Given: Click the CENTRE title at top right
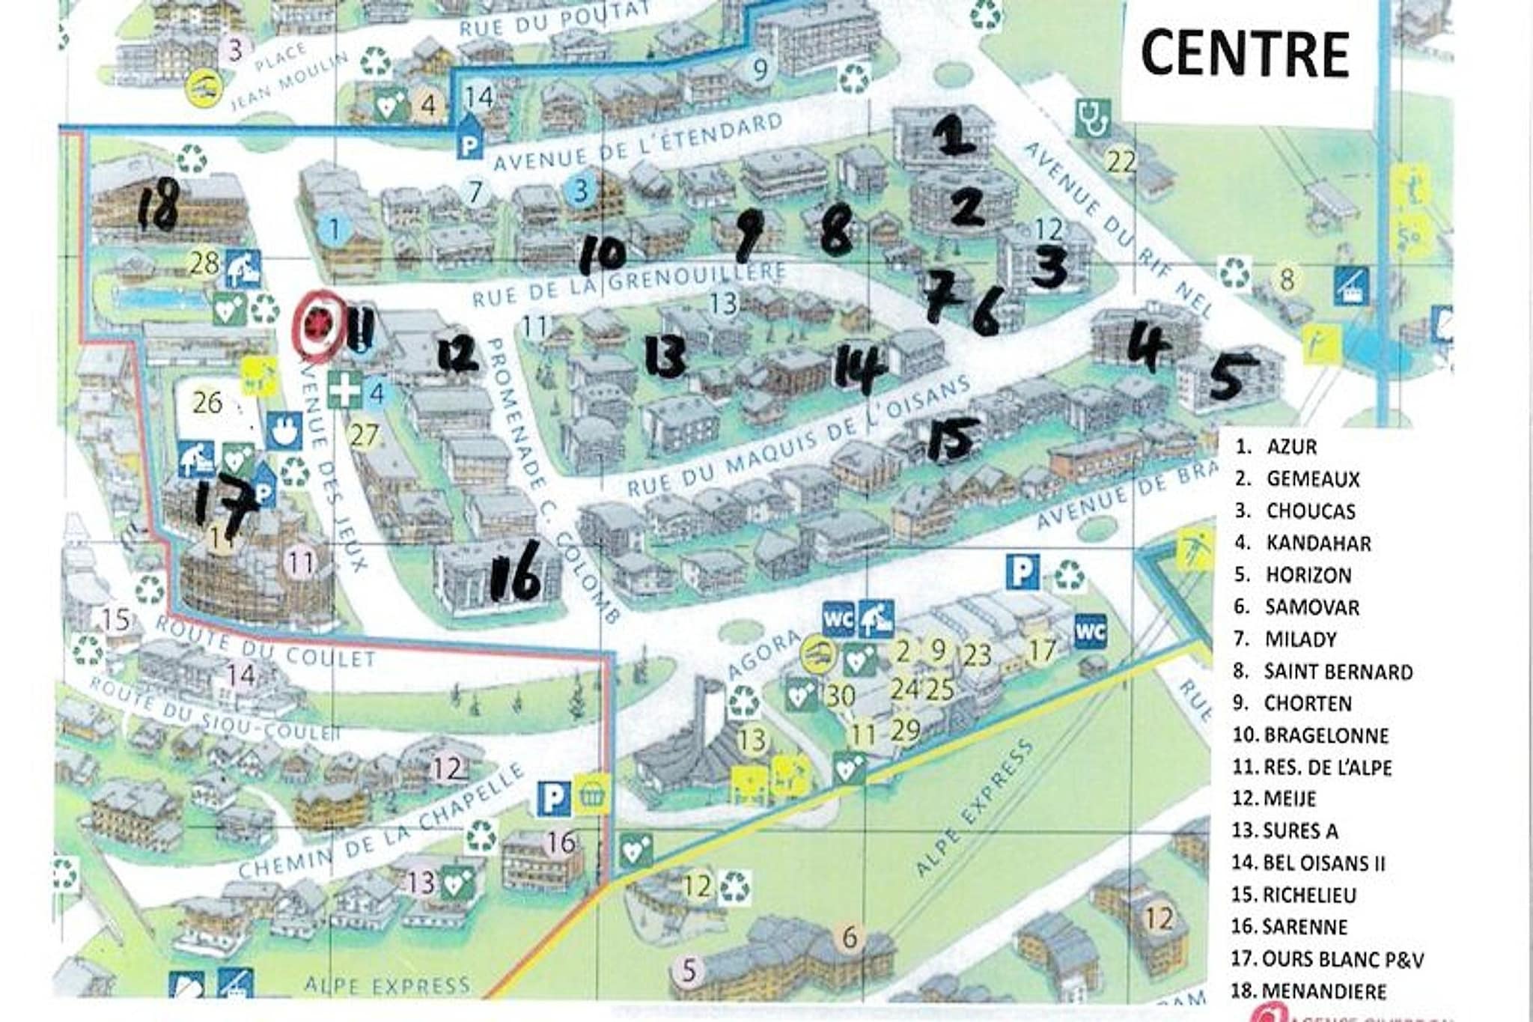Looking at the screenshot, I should [x=1245, y=54].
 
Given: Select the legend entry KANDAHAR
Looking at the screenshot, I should [x=1318, y=543].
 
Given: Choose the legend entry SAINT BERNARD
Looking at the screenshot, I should [x=1338, y=672].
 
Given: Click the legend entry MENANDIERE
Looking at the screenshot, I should [x=1324, y=991].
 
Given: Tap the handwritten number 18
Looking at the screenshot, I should [x=159, y=205].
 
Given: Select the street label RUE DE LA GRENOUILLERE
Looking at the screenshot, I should [x=629, y=285].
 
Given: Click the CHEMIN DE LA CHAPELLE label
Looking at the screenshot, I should [x=382, y=824].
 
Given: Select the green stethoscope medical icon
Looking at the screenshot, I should [x=1092, y=119].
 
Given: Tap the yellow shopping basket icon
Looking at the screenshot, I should [x=593, y=798].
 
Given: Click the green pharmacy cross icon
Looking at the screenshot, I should [x=344, y=392].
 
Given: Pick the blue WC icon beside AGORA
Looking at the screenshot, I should [x=838, y=618].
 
